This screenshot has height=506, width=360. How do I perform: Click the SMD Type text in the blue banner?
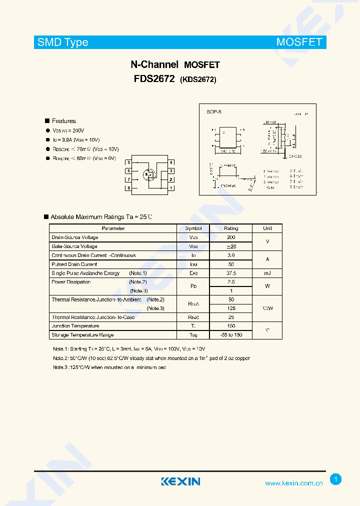(63, 42)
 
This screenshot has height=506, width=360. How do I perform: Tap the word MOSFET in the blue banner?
(299, 42)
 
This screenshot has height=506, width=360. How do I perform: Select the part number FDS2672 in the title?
(154, 79)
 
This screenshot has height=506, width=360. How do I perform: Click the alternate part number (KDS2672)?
(198, 79)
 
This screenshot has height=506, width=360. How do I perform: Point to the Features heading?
(63, 121)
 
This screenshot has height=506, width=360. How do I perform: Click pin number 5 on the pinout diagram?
(129, 162)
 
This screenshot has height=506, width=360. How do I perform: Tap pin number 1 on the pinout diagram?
(171, 188)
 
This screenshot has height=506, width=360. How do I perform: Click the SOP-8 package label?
(214, 112)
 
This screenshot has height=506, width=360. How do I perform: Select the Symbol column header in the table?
(193, 228)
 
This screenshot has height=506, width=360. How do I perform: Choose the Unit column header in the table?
(267, 228)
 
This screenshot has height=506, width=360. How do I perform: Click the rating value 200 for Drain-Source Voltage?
(231, 237)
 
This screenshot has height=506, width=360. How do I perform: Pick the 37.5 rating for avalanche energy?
(231, 273)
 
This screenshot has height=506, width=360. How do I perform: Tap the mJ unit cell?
(267, 273)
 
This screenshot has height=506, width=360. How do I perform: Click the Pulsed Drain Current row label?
(74, 264)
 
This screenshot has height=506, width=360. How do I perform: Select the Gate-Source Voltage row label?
(74, 246)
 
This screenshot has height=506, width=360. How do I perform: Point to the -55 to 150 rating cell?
(231, 335)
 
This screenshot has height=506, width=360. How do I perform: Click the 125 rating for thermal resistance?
(231, 308)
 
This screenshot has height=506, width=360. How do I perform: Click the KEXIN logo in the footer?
(180, 481)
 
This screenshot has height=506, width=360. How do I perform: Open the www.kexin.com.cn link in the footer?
(293, 483)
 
